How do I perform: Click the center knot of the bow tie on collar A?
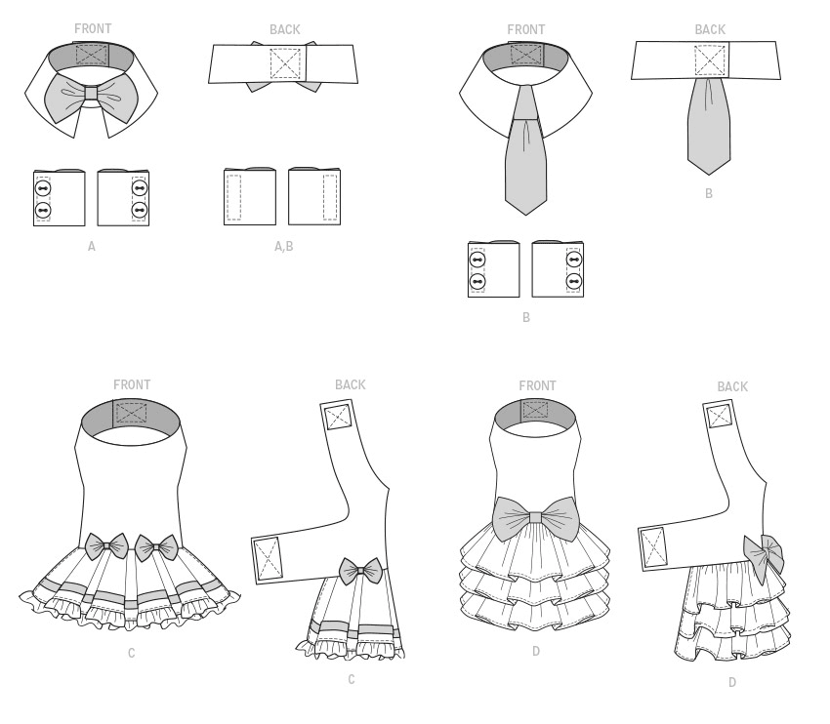coord(91,93)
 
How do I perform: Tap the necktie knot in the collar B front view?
coord(525,102)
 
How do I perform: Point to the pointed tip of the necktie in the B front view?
coord(525,214)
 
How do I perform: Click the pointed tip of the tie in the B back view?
coord(709,173)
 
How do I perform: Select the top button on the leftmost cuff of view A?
coord(43,188)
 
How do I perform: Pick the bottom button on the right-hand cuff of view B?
coord(574,281)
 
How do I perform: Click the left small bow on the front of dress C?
coord(107,546)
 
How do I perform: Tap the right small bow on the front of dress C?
coord(157,548)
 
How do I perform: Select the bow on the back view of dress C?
coord(360,571)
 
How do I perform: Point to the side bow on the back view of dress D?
coord(764,556)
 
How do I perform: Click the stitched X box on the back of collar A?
coord(285,64)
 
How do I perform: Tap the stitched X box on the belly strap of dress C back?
coord(267,558)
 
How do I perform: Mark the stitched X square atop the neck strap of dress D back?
coord(720,417)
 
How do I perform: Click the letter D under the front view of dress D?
coord(536,651)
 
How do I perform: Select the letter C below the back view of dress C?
coord(352,679)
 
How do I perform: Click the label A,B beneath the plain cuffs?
coord(284,247)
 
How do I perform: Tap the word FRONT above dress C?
coord(132,384)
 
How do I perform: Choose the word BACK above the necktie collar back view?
coord(710,29)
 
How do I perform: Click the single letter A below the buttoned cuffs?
coord(92,246)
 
